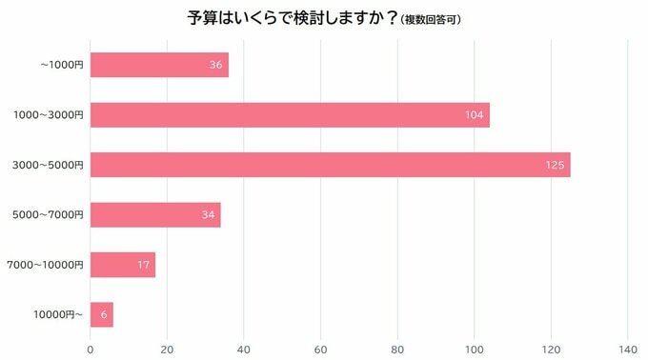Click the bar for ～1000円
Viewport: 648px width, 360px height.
tap(159, 65)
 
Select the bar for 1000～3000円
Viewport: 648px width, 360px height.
tap(290, 114)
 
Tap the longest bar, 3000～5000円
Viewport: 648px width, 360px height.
tap(330, 165)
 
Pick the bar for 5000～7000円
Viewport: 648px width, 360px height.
tap(155, 214)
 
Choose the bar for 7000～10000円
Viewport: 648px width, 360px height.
tap(123, 264)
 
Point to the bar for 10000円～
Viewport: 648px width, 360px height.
tap(102, 313)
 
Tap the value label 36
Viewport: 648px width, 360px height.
tap(216, 65)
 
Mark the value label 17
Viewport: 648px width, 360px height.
tap(144, 264)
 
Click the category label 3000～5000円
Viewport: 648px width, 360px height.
tap(48, 165)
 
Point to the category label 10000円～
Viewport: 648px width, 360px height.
tap(59, 313)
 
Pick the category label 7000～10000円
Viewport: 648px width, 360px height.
tap(45, 264)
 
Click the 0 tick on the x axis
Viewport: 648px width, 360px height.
tap(91, 349)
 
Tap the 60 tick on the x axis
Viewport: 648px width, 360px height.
tap(321, 349)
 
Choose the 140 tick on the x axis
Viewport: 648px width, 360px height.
tap(628, 349)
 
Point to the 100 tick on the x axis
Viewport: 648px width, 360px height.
tap(475, 349)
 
